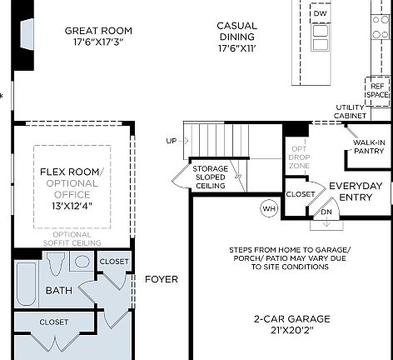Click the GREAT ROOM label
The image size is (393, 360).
point(98,31)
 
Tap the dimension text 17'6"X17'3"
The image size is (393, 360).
point(98,42)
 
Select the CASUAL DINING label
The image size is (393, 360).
point(236,32)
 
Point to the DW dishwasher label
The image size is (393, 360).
point(321,14)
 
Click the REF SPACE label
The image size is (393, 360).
point(377,90)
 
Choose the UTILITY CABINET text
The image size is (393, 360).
point(350,112)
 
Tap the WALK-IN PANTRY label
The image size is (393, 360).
point(366,147)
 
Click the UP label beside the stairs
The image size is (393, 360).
point(171,141)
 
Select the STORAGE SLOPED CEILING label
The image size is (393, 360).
point(210,177)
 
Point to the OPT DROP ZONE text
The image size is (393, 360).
point(297,156)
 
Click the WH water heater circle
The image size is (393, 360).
point(269,207)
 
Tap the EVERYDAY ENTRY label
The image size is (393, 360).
point(356,192)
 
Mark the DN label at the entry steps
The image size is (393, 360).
point(326,212)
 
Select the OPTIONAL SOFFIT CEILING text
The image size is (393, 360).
point(71,238)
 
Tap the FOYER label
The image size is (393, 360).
point(161,279)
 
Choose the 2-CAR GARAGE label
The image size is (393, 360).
point(292,318)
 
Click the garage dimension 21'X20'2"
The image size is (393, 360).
point(292,330)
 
